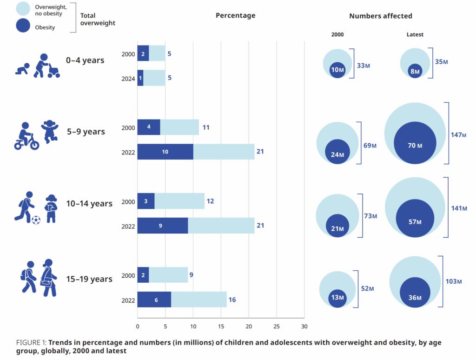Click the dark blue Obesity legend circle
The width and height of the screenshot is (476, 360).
click(23, 25)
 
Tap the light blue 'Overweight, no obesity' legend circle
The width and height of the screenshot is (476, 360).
click(23, 8)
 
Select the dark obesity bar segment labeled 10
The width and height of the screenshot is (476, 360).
click(165, 152)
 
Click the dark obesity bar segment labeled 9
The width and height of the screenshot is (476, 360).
click(162, 226)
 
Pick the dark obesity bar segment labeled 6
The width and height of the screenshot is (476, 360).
click(154, 300)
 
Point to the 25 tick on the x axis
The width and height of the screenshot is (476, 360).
click(277, 326)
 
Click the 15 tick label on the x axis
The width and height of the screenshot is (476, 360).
click(221, 326)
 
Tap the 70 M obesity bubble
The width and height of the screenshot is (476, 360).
click(415, 143)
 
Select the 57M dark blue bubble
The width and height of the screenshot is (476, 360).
click(415, 218)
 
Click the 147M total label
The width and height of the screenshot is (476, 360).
click(458, 134)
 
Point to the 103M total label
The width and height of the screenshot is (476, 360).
click(454, 281)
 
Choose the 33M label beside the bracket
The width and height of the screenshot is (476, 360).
click(364, 65)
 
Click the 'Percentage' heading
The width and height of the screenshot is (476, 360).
click(236, 15)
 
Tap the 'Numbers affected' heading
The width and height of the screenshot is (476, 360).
click(381, 16)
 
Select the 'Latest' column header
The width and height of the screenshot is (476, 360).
click(415, 34)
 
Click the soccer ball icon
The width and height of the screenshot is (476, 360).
click(36, 220)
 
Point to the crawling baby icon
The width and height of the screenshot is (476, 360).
click(22, 69)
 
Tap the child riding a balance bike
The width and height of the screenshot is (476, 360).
click(26, 136)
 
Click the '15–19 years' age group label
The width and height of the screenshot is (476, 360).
click(89, 279)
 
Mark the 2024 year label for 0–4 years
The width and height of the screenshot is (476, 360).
click(128, 79)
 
